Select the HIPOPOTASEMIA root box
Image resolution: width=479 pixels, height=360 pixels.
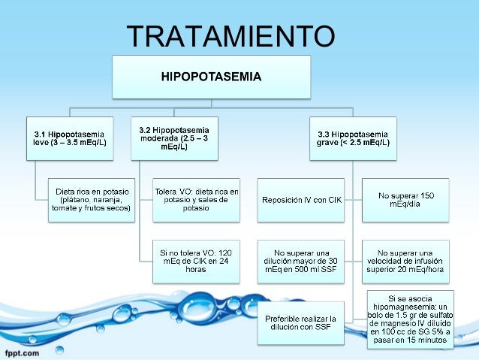[212, 77]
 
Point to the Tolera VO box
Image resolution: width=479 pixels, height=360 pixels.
[196, 199]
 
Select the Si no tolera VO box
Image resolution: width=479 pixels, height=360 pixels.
[196, 260]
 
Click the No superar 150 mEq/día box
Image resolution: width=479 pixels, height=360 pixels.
[405, 199]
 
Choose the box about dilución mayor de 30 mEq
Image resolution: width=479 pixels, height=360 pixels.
[301, 260]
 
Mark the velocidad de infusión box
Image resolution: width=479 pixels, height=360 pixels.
[405, 260]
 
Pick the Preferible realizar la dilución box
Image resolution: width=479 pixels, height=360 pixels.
[301, 323]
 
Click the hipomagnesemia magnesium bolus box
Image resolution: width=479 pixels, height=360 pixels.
[410, 319]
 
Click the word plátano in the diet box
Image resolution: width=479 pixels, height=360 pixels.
[78, 199]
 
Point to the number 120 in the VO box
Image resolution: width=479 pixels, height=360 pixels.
[222, 252]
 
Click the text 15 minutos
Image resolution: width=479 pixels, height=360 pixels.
[425, 340]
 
